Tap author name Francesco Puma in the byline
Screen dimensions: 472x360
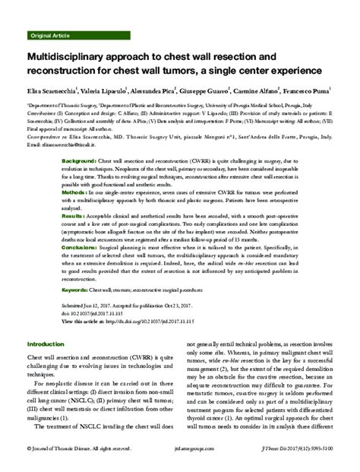click(330, 88)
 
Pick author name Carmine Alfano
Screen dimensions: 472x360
click(274, 88)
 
